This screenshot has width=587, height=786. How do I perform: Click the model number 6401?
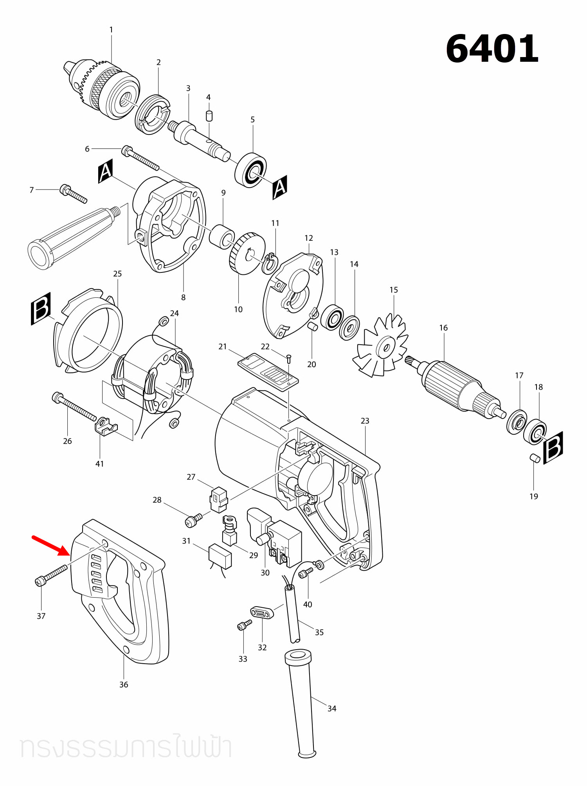click(492, 48)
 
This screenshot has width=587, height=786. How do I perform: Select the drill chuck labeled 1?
click(101, 90)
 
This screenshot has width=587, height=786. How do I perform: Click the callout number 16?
click(443, 328)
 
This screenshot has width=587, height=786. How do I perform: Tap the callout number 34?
click(332, 708)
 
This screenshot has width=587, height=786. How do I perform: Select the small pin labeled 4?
click(209, 116)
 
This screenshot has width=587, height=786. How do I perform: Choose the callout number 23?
click(365, 421)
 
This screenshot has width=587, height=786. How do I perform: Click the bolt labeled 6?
click(140, 158)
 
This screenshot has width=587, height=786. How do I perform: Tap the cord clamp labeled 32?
click(262, 612)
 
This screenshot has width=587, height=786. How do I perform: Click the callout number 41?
click(100, 464)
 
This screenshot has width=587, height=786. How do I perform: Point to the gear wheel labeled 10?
click(247, 253)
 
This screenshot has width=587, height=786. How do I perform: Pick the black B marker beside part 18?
click(553, 448)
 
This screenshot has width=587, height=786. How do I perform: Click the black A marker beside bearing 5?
click(280, 187)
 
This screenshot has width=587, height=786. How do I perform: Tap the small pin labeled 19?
click(535, 458)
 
